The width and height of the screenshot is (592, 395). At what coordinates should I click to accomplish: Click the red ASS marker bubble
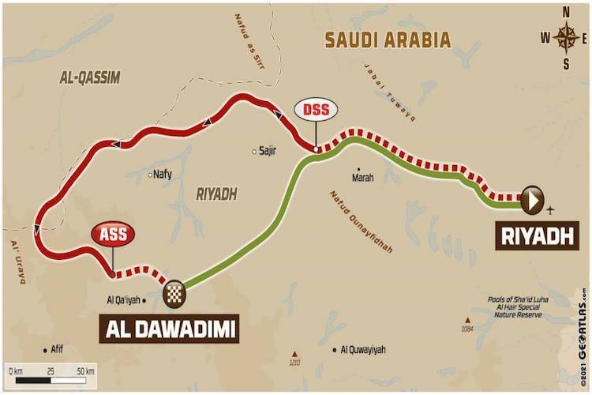tap(112, 234)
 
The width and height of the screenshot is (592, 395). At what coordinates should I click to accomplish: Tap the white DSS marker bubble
tap(315, 110)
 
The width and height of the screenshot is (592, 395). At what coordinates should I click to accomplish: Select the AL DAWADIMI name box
tap(169, 329)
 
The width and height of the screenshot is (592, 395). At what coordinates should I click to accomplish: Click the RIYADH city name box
tap(532, 235)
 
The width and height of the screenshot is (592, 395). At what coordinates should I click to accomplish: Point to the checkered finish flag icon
tap(174, 293)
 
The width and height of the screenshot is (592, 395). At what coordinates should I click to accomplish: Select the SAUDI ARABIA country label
tap(388, 39)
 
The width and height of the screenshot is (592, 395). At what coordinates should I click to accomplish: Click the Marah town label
tap(362, 179)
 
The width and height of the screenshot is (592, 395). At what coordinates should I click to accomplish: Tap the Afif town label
tap(54, 349)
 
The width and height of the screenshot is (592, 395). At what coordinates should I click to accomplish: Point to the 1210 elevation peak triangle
tap(294, 354)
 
